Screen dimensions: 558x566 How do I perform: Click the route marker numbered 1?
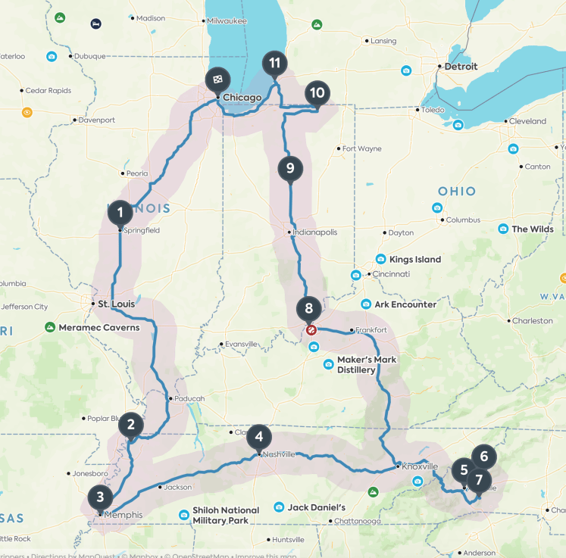coord(120,211)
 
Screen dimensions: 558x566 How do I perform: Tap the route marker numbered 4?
coord(259,436)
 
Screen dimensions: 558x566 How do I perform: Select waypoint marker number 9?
coord(290,167)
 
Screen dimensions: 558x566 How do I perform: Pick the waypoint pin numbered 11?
coord(274,63)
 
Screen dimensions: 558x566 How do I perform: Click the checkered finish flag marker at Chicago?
coord(217,78)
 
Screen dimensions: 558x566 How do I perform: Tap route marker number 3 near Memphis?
coord(100,497)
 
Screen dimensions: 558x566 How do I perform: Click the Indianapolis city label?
coord(315,232)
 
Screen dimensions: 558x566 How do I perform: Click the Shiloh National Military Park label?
coord(226,515)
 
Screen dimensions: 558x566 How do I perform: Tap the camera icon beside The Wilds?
coord(502,229)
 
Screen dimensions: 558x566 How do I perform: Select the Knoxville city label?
coord(420,466)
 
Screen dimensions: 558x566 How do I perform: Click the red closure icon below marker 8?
coord(311,329)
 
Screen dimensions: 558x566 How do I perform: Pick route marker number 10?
coord(317,93)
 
